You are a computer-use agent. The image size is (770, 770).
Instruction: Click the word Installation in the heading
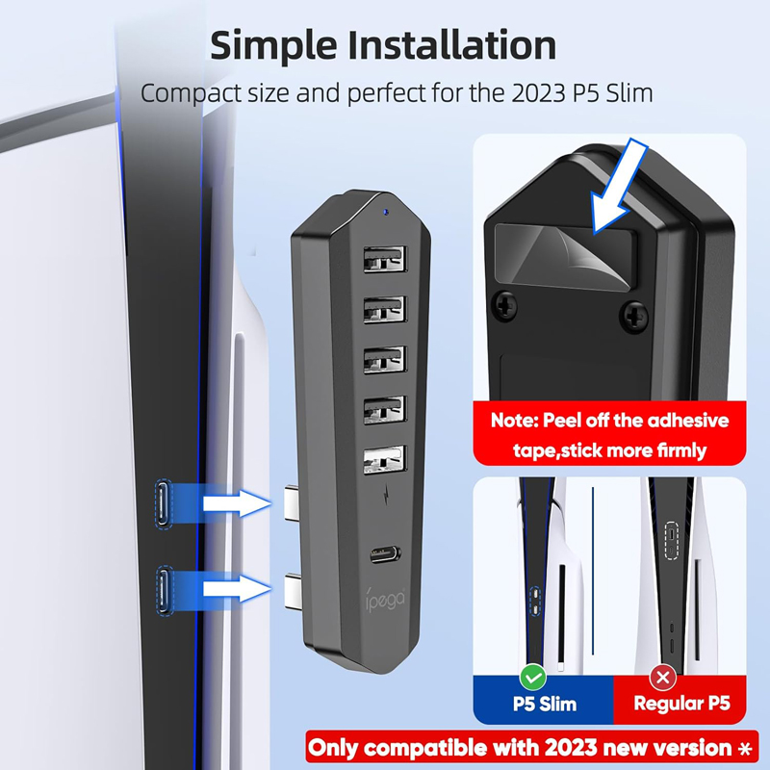point(452,44)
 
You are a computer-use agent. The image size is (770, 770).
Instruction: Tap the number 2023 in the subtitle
point(539,92)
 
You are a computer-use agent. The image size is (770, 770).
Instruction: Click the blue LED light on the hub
point(386,212)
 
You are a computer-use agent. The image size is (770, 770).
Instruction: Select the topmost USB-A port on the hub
point(385,259)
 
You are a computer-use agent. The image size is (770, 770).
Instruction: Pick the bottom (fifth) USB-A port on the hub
point(385,460)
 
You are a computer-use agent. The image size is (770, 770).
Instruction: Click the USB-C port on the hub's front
point(386,555)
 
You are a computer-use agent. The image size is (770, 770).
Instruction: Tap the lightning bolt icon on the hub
point(387,494)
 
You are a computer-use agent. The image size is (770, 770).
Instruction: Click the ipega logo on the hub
point(386,599)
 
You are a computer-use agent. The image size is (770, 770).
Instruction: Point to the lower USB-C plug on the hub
point(294,592)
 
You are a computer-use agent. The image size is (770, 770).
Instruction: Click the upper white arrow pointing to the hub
point(237,503)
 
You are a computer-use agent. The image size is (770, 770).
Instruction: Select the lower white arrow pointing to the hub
point(237,588)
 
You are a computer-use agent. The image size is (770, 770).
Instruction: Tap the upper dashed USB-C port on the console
point(164,504)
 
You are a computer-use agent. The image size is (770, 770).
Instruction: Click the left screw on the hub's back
point(504,307)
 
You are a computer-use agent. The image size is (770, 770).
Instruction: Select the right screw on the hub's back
point(634,317)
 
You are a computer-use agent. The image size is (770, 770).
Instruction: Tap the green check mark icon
point(533,678)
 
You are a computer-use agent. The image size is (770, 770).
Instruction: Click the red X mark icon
point(663,678)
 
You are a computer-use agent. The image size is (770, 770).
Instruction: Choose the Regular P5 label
point(681,704)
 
